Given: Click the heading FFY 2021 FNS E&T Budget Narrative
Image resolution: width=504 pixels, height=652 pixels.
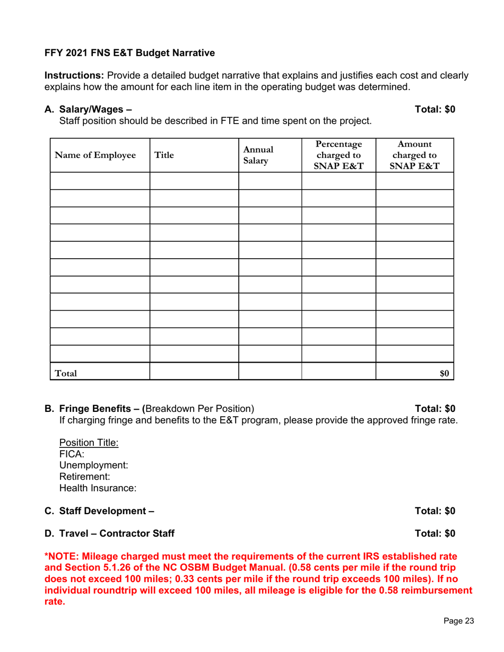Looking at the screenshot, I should pyautogui.click(x=130, y=53).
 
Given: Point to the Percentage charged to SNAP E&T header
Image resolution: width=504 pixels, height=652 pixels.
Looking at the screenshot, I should pyautogui.click(x=338, y=155).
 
